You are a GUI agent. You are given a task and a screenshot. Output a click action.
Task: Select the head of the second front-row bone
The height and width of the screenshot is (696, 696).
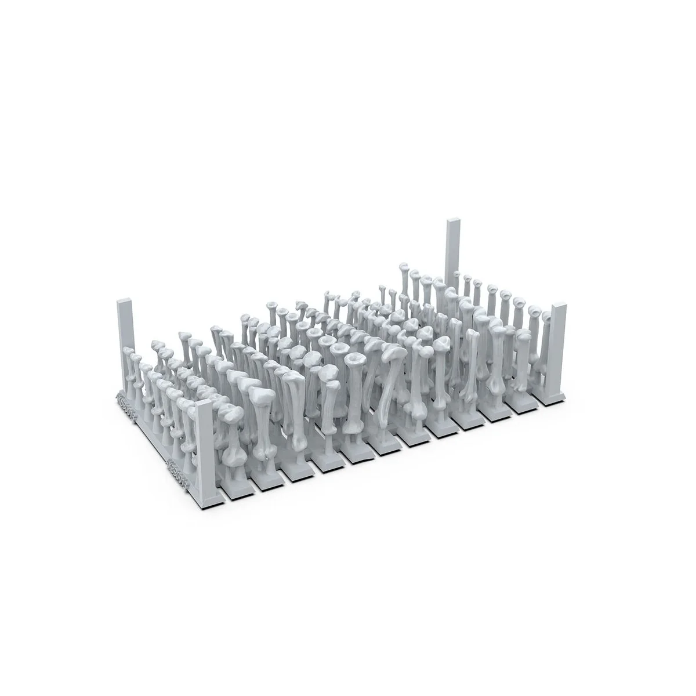click(x=260, y=395)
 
